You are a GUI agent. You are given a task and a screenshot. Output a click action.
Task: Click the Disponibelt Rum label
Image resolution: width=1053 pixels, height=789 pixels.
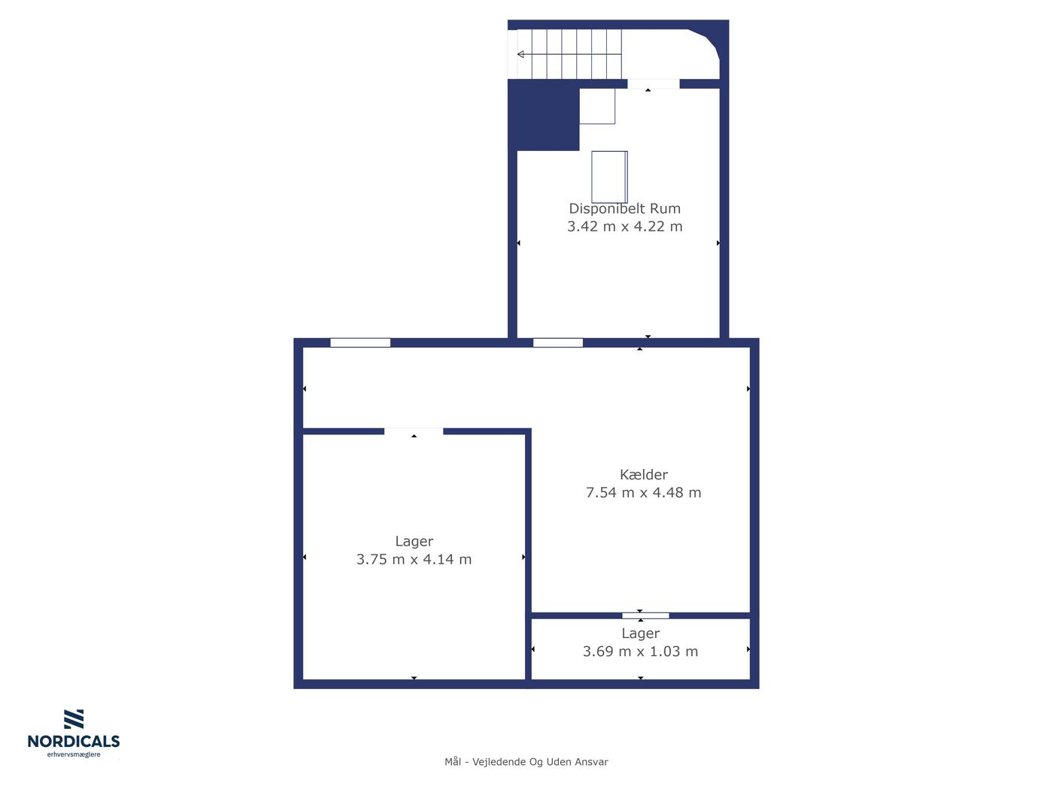(624, 208)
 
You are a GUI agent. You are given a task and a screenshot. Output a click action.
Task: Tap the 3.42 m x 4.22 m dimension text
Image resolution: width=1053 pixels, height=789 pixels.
(624, 226)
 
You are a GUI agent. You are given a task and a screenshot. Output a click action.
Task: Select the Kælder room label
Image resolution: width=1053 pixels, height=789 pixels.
(643, 474)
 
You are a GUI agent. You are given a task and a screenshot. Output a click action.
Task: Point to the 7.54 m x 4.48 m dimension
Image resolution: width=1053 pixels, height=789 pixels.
(643, 492)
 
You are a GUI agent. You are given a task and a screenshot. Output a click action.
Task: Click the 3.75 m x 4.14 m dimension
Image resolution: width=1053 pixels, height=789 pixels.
(414, 559)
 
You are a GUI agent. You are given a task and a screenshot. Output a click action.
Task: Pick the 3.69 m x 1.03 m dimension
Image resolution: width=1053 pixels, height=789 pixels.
(640, 651)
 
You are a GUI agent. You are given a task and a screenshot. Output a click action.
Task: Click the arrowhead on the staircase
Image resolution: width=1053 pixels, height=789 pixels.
(520, 54)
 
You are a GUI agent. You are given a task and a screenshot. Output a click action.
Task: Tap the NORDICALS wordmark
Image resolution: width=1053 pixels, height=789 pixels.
(74, 741)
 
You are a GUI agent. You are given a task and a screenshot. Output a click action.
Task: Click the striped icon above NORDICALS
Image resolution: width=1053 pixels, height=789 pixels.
(74, 719)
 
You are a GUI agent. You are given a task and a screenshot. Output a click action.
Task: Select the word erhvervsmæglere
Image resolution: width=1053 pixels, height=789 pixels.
(74, 754)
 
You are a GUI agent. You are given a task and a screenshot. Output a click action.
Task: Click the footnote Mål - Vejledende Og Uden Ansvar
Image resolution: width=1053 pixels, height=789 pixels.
(526, 762)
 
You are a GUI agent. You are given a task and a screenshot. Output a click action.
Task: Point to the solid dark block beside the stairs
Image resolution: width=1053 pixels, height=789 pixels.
(544, 115)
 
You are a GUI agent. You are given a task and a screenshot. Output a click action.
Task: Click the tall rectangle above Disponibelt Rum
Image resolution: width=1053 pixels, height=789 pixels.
(609, 177)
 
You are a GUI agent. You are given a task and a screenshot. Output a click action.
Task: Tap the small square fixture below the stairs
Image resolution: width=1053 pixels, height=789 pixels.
(597, 106)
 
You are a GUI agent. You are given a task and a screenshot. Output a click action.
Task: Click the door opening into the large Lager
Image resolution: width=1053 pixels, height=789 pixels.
(414, 431)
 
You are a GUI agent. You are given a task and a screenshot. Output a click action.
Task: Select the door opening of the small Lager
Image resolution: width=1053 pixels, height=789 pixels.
(645, 615)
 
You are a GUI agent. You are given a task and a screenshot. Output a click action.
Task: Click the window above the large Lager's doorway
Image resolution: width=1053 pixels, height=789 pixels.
(360, 343)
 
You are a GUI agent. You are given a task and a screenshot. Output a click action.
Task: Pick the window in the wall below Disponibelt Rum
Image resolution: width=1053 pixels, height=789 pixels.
(558, 343)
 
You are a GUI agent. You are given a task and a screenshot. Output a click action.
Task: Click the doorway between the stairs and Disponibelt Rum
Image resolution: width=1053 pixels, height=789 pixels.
(654, 84)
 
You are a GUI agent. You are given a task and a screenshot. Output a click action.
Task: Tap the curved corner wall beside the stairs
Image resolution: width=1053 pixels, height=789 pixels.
(709, 42)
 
